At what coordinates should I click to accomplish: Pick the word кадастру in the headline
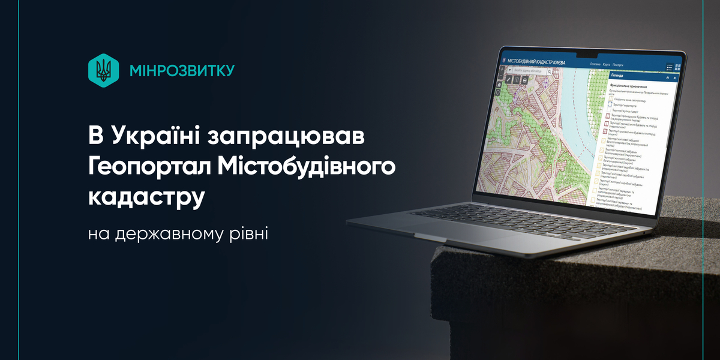(x=144, y=197)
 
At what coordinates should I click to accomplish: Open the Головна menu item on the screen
(x=595, y=64)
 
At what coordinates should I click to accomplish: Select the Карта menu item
(x=607, y=64)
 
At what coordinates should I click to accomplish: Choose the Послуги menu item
(x=618, y=64)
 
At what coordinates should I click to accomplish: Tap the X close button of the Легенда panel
(x=675, y=78)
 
